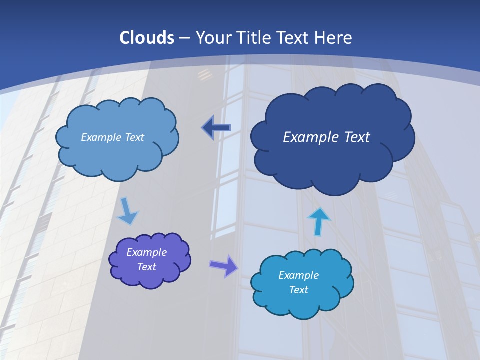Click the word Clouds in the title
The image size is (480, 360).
pyautogui.click(x=147, y=38)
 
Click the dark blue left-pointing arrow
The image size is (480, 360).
pyautogui.click(x=216, y=128)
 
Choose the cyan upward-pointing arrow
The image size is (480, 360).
pyautogui.click(x=318, y=221)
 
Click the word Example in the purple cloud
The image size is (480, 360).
pyautogui.click(x=146, y=252)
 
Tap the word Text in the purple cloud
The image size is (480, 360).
pyautogui.click(x=146, y=267)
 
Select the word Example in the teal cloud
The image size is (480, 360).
pyautogui.click(x=298, y=275)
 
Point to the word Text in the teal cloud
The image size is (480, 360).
pyautogui.click(x=298, y=290)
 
